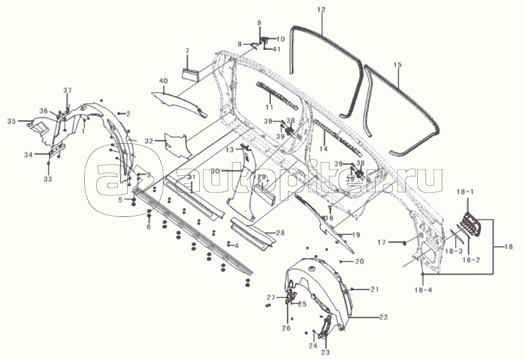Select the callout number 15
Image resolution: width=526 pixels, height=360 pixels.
coord(397,64)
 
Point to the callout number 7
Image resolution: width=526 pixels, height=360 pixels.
coord(186,51)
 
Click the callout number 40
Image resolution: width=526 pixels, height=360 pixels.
coord(163,81)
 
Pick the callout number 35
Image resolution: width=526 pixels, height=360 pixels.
coord(11,122)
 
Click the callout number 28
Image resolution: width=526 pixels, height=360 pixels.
coord(280,232)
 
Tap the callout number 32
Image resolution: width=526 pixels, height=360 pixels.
coord(148,141)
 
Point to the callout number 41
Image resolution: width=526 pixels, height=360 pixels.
coord(277,49)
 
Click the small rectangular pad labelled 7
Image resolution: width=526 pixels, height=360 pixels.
coord(190,73)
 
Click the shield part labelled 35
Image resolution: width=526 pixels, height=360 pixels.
coord(39,127)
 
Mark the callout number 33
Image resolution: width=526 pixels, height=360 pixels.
coord(48,179)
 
